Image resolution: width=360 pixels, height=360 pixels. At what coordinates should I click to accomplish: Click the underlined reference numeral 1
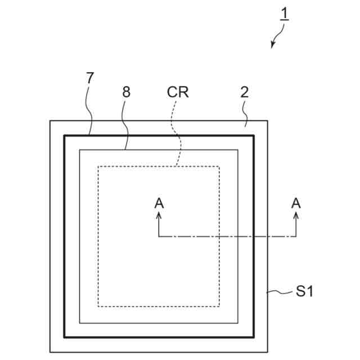coord(285,13)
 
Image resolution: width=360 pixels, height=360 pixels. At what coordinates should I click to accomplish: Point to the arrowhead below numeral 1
coord(273,46)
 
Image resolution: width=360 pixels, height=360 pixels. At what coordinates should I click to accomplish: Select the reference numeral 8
coord(126,92)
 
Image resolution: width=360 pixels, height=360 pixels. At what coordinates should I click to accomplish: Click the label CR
coord(178,92)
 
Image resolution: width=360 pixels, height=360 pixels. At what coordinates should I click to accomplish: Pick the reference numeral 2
coord(244,92)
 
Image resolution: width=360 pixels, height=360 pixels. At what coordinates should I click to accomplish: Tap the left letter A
coord(159,204)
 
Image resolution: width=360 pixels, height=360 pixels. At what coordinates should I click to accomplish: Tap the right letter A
coord(296,204)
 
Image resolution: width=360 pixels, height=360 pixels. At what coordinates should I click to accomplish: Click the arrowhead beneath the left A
coord(159,215)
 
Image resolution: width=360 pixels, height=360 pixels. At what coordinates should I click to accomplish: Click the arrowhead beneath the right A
coord(296,215)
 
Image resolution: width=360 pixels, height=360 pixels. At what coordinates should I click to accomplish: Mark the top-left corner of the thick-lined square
coord(64,136)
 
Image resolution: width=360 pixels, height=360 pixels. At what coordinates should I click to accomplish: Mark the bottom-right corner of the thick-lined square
coord(254,337)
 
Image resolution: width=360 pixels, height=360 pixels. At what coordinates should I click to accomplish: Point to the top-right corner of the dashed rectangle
coord(219,166)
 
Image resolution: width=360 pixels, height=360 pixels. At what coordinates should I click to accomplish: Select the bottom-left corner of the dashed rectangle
coord(98,307)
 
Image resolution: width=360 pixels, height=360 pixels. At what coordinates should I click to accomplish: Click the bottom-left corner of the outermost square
coord(50,352)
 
